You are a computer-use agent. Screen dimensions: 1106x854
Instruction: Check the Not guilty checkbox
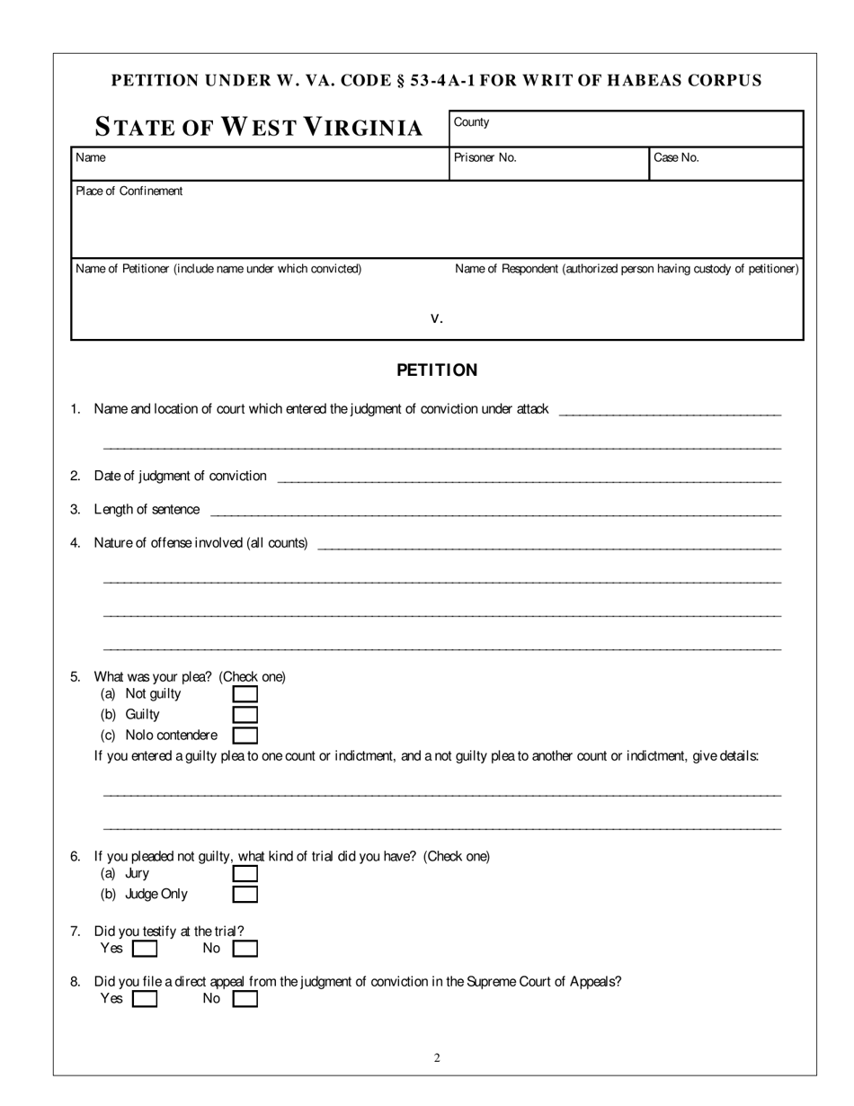click(x=245, y=694)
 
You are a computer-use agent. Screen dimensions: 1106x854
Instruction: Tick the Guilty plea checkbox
click(x=245, y=715)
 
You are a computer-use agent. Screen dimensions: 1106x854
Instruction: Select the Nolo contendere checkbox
click(x=245, y=736)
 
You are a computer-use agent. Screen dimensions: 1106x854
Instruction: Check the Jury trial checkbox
click(x=245, y=873)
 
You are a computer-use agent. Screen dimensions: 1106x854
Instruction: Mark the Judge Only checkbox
click(x=245, y=895)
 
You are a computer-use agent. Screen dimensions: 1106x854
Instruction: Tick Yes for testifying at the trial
click(x=144, y=949)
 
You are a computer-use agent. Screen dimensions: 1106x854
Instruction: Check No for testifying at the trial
click(x=245, y=949)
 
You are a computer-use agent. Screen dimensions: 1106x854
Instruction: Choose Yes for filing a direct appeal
click(x=144, y=999)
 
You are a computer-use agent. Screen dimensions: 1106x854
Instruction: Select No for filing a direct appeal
click(x=245, y=999)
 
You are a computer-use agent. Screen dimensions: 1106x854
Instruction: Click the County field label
click(x=471, y=122)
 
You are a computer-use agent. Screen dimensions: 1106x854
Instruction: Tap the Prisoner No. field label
click(x=485, y=157)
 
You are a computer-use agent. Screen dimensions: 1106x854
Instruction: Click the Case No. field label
click(x=676, y=157)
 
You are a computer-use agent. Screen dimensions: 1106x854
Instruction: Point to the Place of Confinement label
click(x=129, y=191)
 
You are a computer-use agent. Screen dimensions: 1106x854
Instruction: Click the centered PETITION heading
click(x=437, y=370)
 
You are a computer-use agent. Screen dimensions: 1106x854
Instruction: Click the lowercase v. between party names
click(x=437, y=317)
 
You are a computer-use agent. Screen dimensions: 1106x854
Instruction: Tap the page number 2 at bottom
click(x=437, y=1058)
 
